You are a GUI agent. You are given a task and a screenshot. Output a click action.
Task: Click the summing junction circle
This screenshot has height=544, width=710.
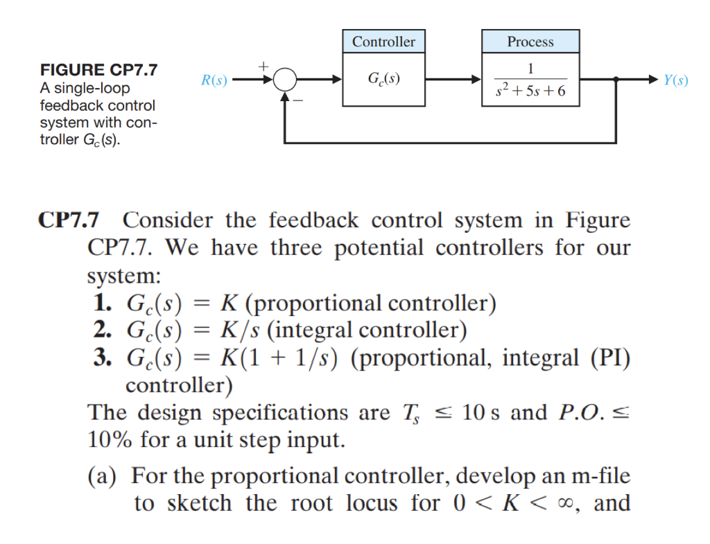pos(284,80)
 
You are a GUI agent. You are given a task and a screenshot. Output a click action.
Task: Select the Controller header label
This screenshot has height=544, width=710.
pos(383,42)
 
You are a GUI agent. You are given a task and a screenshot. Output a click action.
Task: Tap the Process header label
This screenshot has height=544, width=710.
pos(530,42)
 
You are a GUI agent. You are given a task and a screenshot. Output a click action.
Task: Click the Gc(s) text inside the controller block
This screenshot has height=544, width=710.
pos(383,80)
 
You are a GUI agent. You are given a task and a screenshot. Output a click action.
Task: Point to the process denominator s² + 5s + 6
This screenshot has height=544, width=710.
pos(530,91)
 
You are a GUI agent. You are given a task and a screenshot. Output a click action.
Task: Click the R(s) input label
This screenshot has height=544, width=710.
pos(214,80)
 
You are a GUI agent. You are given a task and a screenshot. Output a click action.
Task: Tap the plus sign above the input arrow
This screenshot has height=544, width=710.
pos(263,66)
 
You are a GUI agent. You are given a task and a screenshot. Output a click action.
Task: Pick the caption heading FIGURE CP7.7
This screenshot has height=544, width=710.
pos(98,71)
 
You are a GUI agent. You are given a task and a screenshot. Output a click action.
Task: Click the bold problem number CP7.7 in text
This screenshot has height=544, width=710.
pos(68,221)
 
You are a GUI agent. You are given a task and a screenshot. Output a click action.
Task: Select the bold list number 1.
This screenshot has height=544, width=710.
pos(101,304)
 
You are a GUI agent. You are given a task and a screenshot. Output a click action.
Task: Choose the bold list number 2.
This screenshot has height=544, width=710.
pos(101,330)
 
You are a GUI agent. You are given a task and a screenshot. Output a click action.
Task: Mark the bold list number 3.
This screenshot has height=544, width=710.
pos(101,358)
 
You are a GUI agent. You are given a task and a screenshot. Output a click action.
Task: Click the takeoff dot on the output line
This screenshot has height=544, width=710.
pos(616,80)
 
